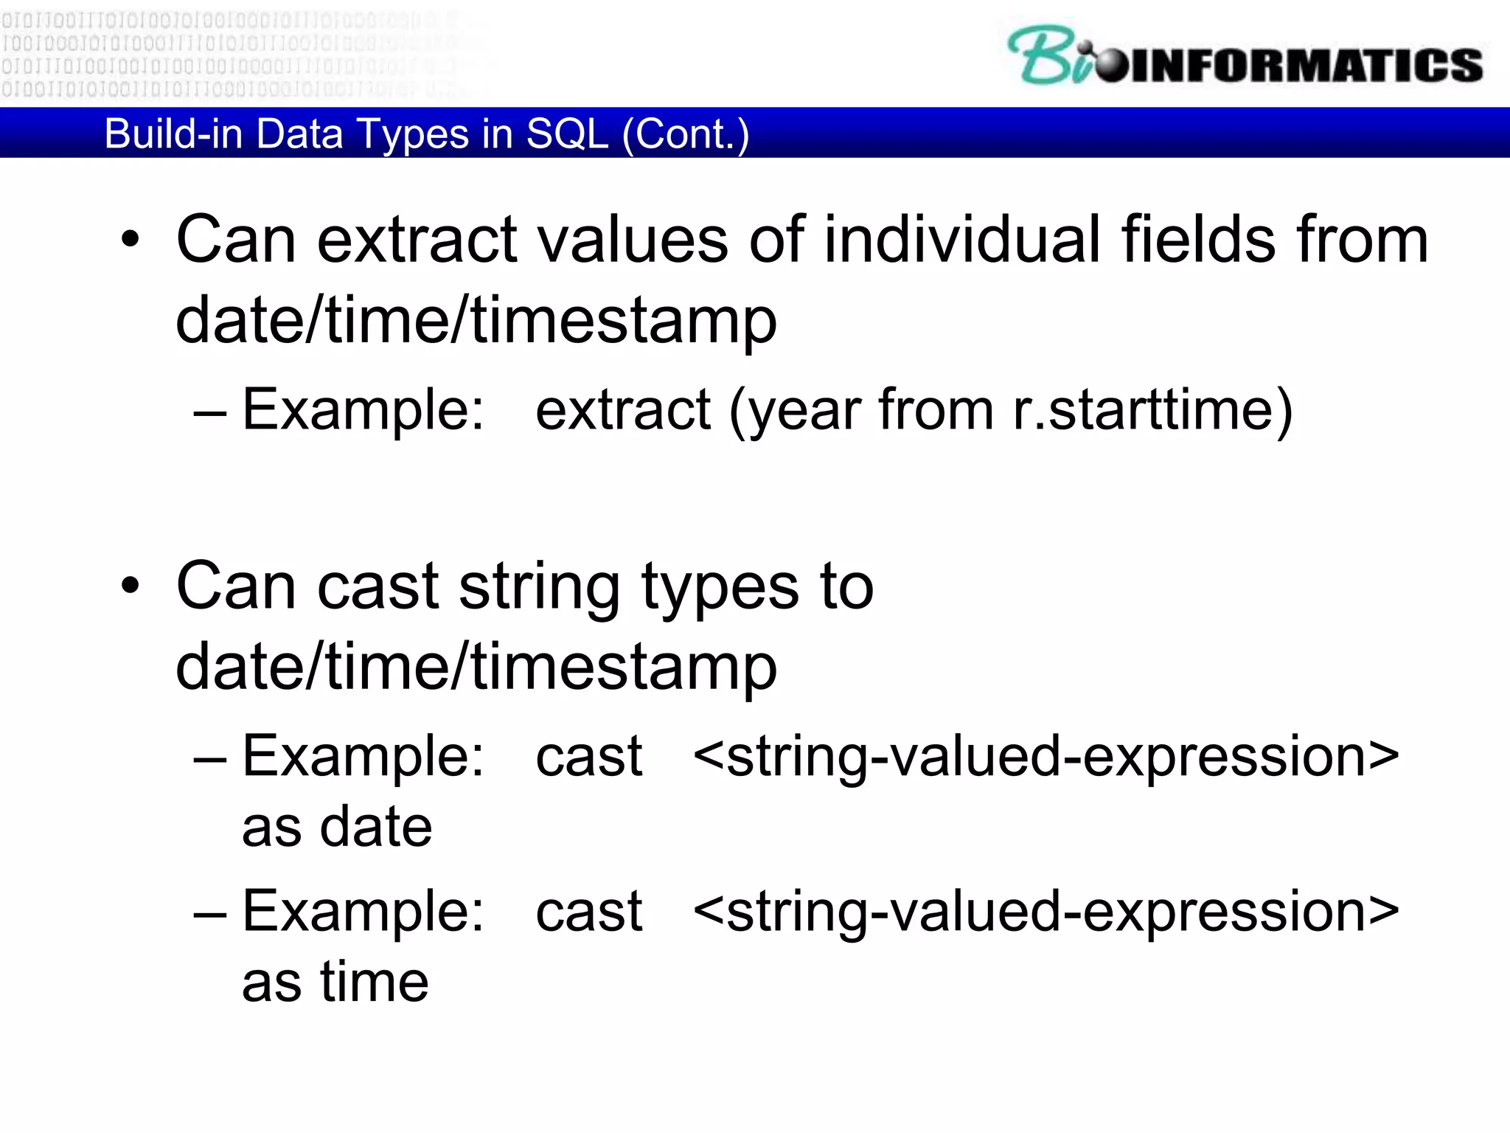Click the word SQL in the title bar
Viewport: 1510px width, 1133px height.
(567, 134)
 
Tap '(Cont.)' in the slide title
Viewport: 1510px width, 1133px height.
(686, 134)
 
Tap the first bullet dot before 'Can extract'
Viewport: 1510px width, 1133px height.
(131, 240)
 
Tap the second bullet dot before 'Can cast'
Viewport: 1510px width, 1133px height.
(131, 586)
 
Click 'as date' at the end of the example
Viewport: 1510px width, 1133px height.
(337, 827)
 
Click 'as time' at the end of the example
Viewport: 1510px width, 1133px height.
(335, 982)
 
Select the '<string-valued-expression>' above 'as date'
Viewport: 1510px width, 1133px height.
(1045, 757)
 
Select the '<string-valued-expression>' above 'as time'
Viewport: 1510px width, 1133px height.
(1045, 912)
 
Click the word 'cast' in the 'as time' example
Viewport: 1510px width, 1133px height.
(588, 912)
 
